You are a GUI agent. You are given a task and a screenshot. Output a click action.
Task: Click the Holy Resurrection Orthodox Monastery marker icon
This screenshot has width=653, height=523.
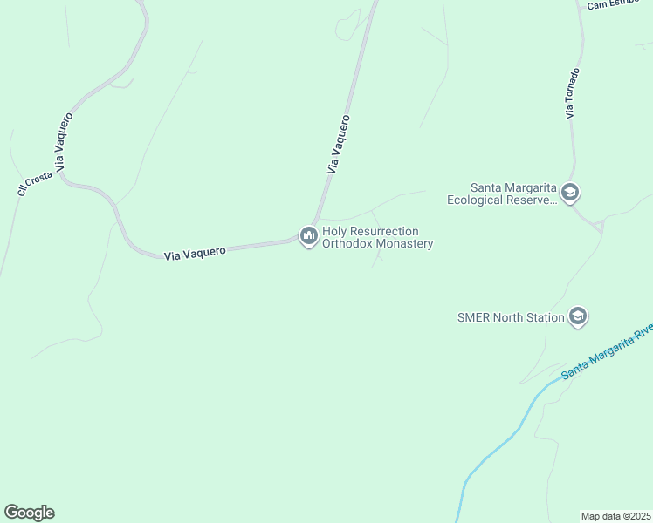(x=308, y=236)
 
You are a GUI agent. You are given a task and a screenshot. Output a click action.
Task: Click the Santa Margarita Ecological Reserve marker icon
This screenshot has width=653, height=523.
(x=570, y=192)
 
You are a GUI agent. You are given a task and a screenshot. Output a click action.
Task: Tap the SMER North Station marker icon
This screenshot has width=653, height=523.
(x=577, y=316)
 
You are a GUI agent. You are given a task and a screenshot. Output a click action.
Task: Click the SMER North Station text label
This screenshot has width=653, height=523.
(x=511, y=317)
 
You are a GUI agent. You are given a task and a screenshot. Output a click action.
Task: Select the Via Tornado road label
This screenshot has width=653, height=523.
(x=572, y=93)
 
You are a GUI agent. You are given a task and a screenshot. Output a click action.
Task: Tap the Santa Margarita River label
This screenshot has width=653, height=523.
(x=607, y=352)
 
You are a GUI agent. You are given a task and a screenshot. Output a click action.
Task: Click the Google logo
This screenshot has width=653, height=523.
(x=29, y=513)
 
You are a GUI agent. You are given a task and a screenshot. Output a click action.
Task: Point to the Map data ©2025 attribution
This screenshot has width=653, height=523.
(x=616, y=516)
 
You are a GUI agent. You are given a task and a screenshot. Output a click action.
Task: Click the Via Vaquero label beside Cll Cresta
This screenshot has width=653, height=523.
(x=64, y=143)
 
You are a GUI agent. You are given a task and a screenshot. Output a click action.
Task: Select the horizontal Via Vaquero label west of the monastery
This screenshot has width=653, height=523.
(x=195, y=253)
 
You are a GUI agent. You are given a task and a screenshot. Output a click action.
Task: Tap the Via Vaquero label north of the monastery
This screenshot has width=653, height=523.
(x=338, y=145)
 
